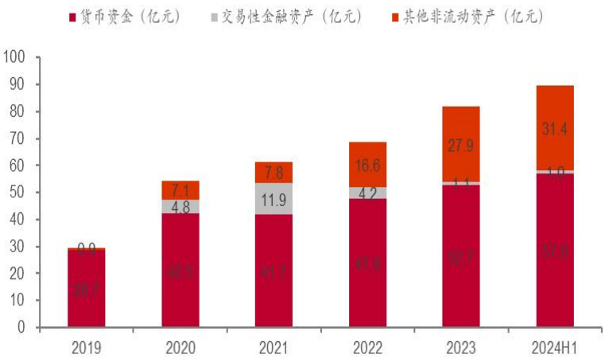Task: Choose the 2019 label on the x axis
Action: pyautogui.click(x=86, y=348)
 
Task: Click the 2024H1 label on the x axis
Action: pyautogui.click(x=554, y=348)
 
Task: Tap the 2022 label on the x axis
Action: pyautogui.click(x=367, y=348)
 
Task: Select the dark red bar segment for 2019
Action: pyautogui.click(x=86, y=288)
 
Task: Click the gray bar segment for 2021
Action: pyautogui.click(x=273, y=199)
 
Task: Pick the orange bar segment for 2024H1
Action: pyautogui.click(x=554, y=127)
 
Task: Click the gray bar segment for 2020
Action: pyautogui.click(x=180, y=206)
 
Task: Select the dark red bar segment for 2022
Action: pyautogui.click(x=367, y=263)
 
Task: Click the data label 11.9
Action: pyautogui.click(x=273, y=199)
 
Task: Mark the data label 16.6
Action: pyautogui.click(x=367, y=165)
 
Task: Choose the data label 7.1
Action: pyautogui.click(x=180, y=189)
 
